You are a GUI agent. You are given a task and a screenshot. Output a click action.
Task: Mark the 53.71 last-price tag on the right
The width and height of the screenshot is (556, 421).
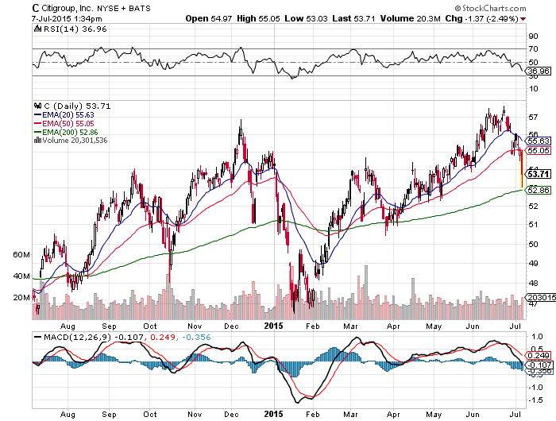pos(539,174)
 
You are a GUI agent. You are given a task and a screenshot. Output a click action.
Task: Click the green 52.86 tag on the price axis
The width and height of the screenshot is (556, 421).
pos(539,190)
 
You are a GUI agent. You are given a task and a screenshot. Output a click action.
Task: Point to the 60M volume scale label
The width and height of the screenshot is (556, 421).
pos(21,255)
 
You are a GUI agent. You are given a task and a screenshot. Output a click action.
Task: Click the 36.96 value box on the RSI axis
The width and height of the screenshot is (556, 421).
pos(539,72)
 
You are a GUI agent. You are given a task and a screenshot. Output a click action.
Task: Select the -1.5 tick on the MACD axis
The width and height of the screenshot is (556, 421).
pos(535,400)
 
